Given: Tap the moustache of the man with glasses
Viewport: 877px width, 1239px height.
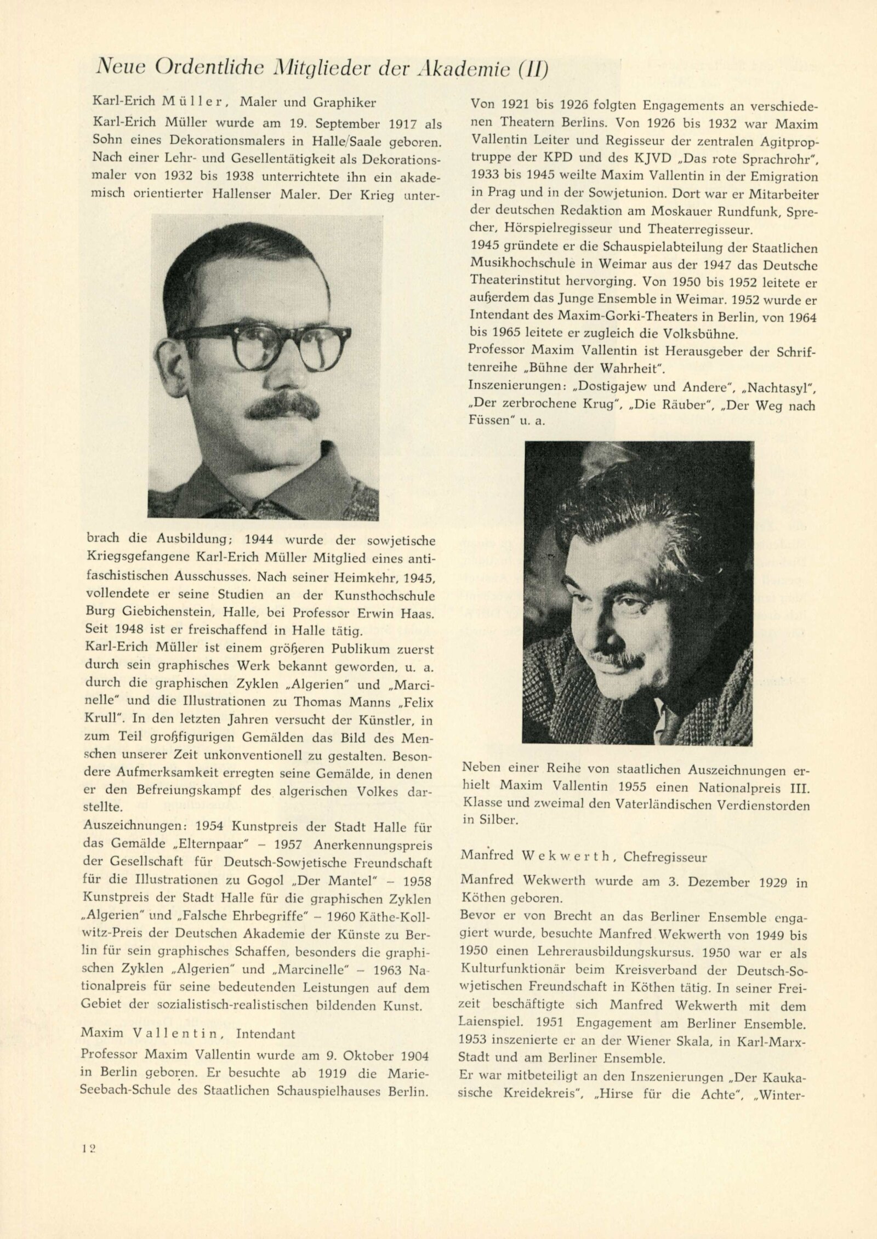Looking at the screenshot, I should [282, 406].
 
